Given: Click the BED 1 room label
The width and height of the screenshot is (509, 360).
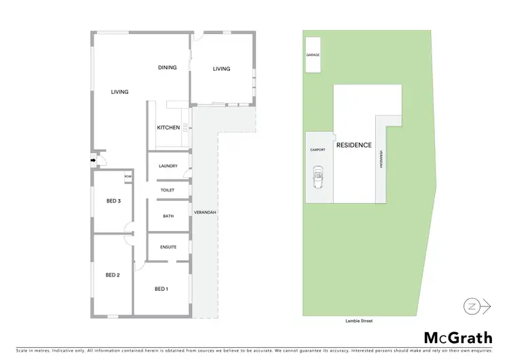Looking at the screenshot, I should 161,289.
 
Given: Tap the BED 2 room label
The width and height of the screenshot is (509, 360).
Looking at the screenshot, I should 113,275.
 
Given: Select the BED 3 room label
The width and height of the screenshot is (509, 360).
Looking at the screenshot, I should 114,201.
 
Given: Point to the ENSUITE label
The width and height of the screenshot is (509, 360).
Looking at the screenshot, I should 168,247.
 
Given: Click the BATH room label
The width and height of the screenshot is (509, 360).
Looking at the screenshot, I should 168,216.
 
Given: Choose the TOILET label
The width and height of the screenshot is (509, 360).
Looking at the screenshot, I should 168,190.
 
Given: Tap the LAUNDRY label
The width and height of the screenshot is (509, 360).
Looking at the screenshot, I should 168,166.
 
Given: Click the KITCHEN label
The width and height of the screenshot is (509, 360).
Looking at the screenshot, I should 168,128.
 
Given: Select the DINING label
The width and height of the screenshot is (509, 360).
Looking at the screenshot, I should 167,67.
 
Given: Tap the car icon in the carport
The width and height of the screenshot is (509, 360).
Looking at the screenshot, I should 318,179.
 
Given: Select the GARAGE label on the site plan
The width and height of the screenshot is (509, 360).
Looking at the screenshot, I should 313,55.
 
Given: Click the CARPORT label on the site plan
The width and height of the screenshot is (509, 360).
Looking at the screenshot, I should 318,149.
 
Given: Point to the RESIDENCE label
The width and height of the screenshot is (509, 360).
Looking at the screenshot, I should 354,145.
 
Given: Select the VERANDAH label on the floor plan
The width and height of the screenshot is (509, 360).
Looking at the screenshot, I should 205,213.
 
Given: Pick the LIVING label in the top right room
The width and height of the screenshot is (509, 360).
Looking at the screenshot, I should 221,69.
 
